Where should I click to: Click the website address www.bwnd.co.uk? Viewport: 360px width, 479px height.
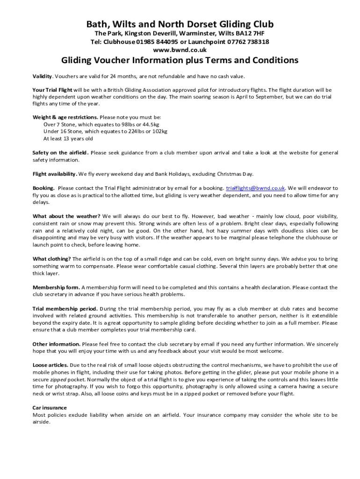[180, 50]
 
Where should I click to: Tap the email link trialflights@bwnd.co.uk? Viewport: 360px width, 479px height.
[256, 188]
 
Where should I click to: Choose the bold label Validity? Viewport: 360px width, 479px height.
[42, 76]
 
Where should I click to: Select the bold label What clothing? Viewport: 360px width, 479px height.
[51, 259]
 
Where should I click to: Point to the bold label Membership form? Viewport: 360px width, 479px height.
[56, 287]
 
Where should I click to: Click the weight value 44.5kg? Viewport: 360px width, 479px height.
[150, 125]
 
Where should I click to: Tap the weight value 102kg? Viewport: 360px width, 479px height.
[159, 131]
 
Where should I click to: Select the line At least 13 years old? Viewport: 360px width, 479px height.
[68, 138]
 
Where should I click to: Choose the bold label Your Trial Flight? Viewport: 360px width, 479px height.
[52, 90]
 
